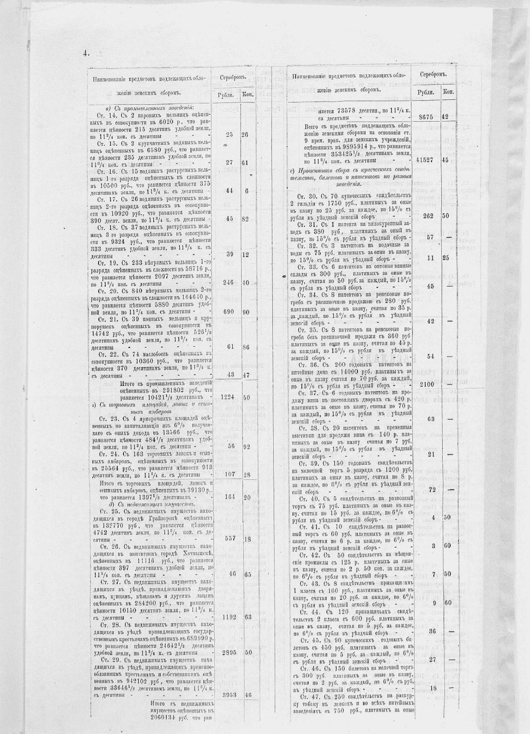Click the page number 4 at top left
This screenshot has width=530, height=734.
click(x=84, y=53)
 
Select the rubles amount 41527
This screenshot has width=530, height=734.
click(x=428, y=160)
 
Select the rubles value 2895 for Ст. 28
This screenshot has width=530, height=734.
click(x=229, y=652)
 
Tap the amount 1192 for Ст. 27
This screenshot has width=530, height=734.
click(x=229, y=617)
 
